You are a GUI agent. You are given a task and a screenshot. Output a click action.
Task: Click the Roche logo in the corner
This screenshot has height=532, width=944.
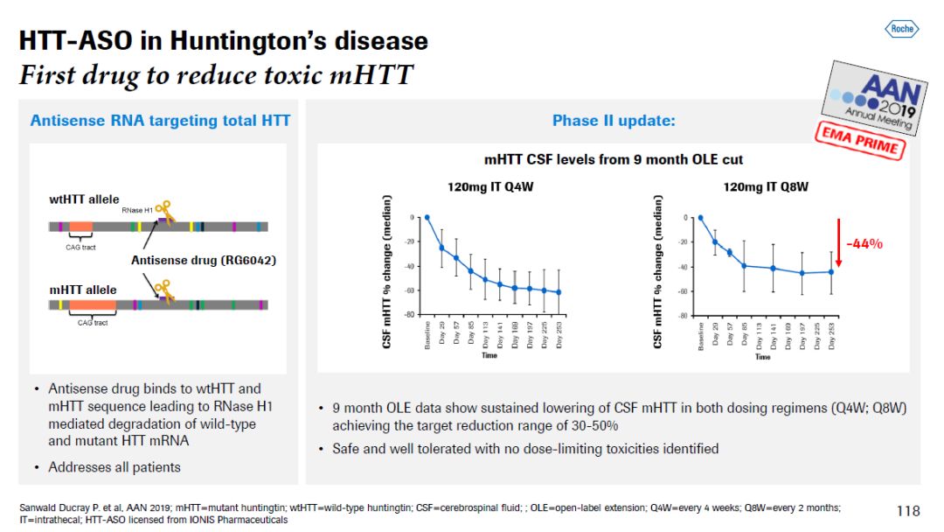click(901, 29)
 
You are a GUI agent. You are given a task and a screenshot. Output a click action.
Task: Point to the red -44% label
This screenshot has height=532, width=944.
click(864, 244)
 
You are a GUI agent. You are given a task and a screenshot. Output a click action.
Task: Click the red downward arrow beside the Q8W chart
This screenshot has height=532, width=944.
click(839, 243)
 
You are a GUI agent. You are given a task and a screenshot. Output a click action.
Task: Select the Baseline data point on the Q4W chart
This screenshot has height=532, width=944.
click(427, 217)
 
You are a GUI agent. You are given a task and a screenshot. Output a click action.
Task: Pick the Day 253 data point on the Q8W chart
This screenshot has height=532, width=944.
click(830, 272)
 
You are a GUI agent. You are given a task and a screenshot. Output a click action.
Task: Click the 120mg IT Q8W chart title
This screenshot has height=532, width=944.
click(766, 186)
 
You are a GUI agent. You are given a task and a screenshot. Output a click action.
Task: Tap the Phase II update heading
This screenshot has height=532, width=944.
click(614, 121)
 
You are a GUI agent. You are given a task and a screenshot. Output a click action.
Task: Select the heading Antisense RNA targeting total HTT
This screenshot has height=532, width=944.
click(160, 121)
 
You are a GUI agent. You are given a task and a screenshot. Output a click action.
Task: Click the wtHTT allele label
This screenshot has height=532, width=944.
click(84, 199)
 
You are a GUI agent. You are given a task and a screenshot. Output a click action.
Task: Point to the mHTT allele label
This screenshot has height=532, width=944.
click(82, 290)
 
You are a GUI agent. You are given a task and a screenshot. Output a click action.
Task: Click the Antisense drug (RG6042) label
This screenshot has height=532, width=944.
click(191, 260)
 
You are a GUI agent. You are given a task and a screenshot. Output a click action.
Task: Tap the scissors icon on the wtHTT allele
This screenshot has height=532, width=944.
click(163, 210)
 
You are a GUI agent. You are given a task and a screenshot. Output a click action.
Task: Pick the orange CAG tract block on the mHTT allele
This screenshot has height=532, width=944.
click(92, 304)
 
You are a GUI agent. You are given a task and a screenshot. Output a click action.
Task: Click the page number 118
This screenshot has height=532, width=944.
click(908, 510)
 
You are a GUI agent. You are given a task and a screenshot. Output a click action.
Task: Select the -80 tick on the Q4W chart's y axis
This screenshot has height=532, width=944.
click(408, 315)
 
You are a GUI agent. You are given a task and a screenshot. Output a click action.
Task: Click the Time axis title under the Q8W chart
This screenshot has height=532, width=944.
click(763, 357)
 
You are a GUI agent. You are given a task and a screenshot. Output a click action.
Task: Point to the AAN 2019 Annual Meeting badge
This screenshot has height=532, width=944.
click(870, 97)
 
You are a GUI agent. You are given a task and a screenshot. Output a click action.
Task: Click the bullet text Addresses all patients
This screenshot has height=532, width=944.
click(115, 467)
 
